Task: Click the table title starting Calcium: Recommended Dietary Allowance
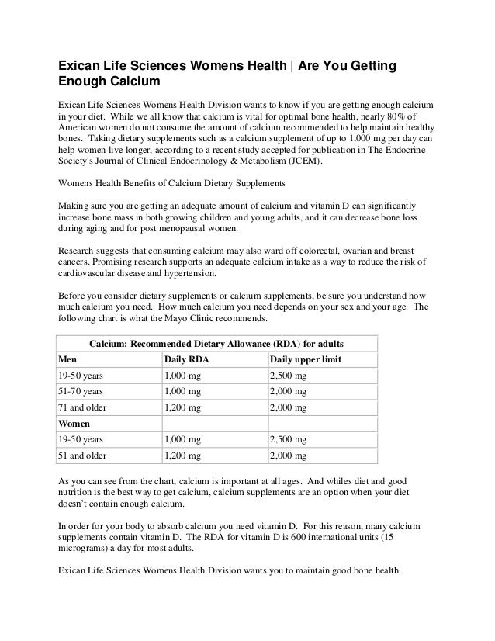(x=217, y=343)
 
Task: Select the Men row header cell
(x=67, y=360)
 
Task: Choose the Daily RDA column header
(x=187, y=360)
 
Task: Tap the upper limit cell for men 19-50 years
(x=288, y=376)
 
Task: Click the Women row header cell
(x=74, y=424)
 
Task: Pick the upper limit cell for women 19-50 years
(x=288, y=440)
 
